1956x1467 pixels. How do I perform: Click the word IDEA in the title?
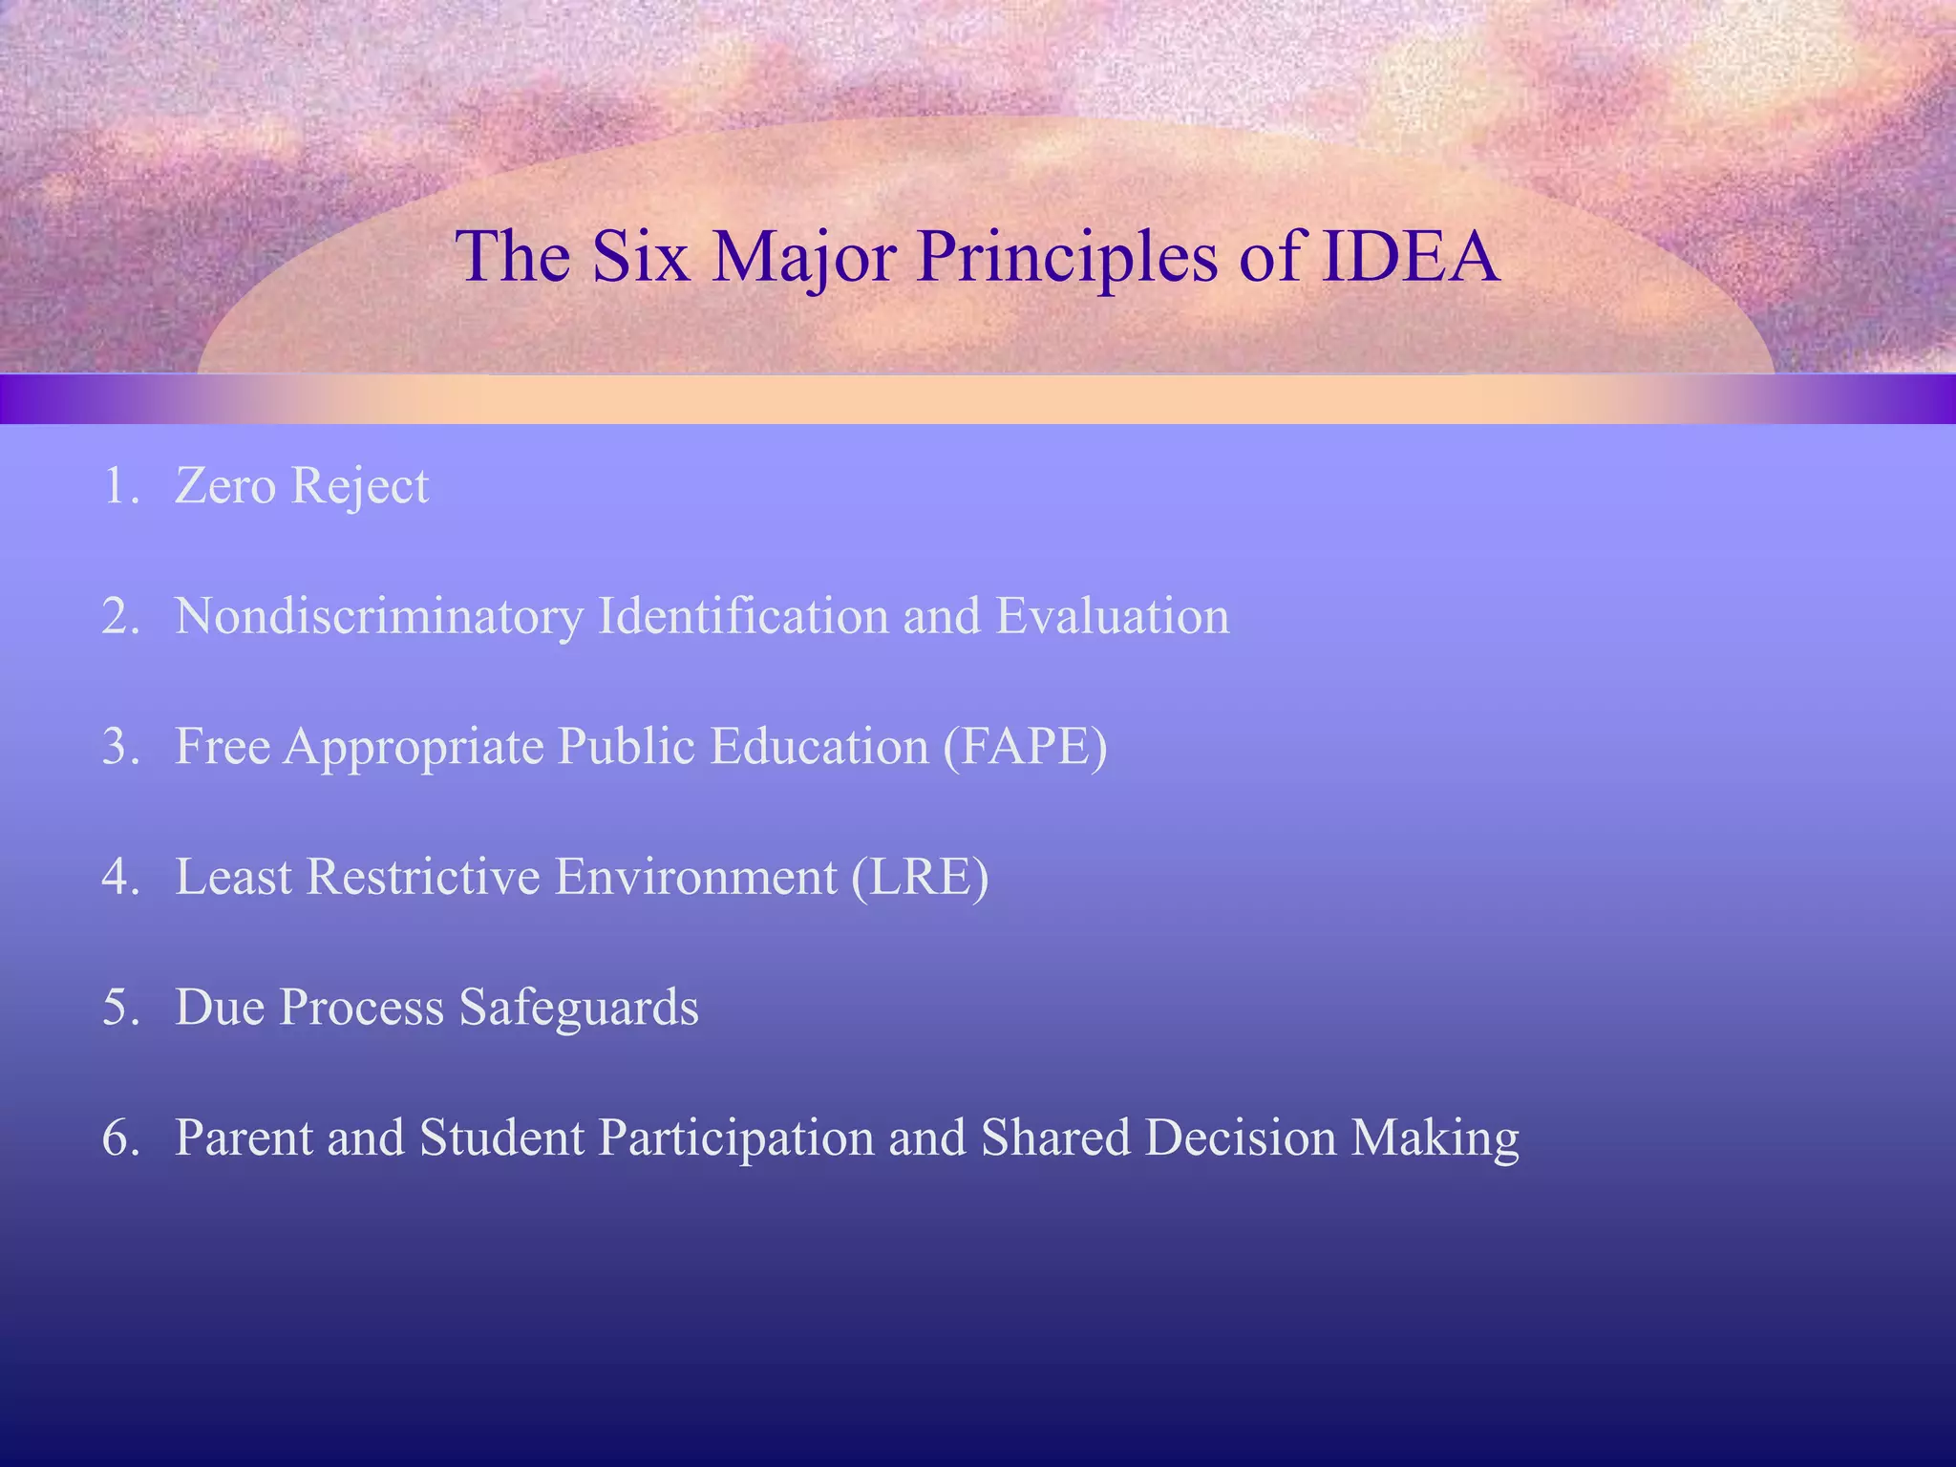point(1410,257)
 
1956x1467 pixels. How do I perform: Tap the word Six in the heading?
point(641,257)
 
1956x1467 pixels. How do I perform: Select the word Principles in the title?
point(1067,257)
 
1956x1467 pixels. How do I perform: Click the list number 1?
point(118,486)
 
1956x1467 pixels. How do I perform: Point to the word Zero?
point(225,486)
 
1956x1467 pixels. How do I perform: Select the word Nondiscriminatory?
point(378,617)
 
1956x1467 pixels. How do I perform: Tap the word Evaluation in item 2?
point(1113,617)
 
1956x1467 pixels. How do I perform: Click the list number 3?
point(118,747)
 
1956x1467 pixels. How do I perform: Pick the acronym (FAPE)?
point(1025,747)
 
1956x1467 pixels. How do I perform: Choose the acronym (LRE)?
point(920,877)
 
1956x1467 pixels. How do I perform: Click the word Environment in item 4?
point(696,877)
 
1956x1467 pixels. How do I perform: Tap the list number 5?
point(118,1008)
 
